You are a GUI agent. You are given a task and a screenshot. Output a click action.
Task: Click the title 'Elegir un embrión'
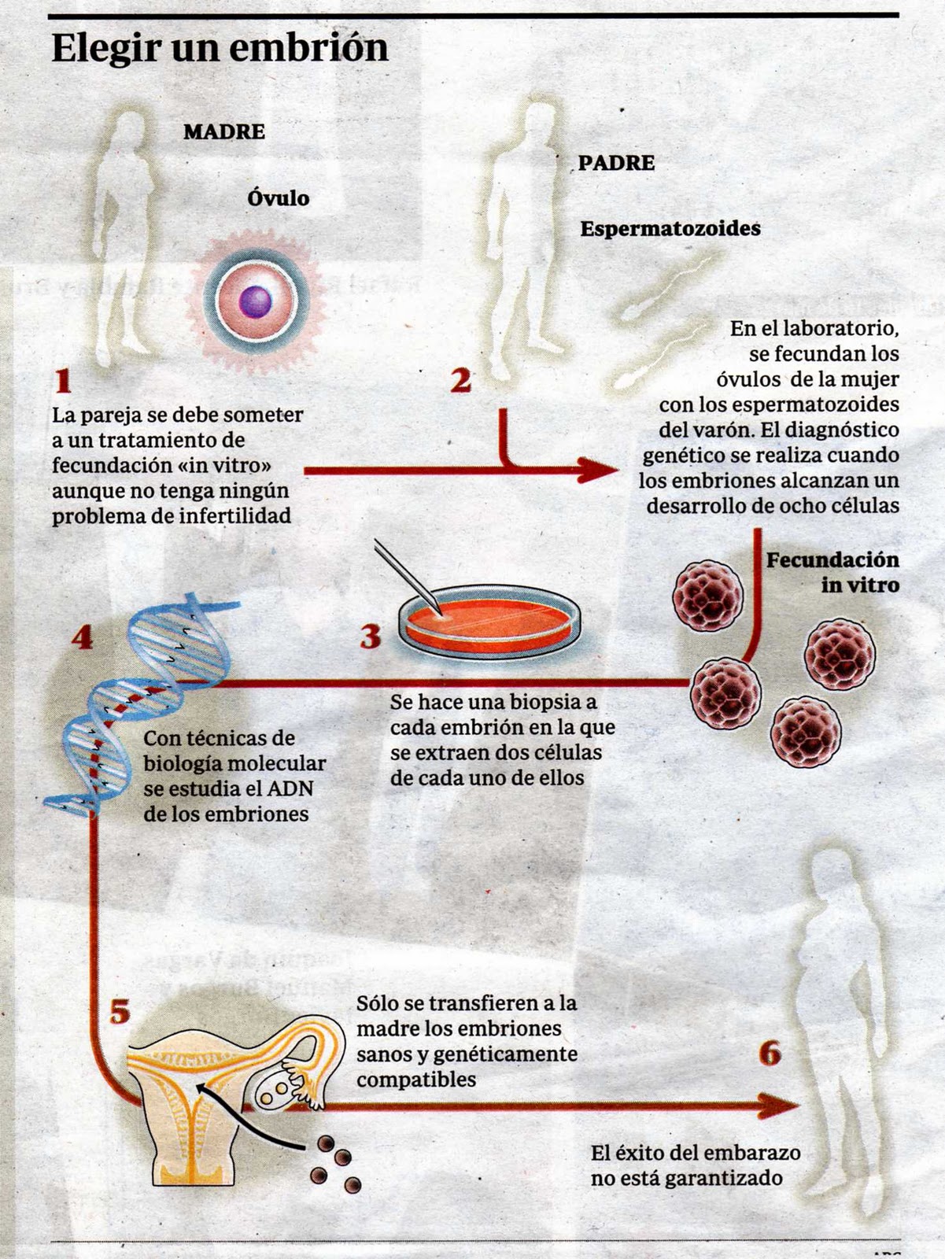pyautogui.click(x=220, y=48)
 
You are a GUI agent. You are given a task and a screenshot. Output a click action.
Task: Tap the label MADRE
pyautogui.click(x=224, y=131)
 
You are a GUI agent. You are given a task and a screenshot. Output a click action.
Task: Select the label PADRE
pyautogui.click(x=616, y=163)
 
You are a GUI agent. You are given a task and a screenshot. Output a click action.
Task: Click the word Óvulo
pyautogui.click(x=278, y=198)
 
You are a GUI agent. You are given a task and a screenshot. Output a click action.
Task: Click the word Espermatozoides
pyautogui.click(x=670, y=228)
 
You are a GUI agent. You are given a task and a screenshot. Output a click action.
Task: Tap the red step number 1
pyautogui.click(x=63, y=382)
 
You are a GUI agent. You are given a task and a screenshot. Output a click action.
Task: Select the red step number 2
pyautogui.click(x=460, y=381)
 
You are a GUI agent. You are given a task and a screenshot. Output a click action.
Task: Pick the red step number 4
pyautogui.click(x=82, y=637)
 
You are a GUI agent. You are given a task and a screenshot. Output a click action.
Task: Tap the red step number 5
pyautogui.click(x=120, y=1011)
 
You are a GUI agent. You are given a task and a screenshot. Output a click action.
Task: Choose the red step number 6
pyautogui.click(x=770, y=1053)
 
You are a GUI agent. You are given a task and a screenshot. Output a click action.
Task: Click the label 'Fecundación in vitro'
pyautogui.click(x=832, y=572)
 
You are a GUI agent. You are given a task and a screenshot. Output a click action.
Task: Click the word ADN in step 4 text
pyautogui.click(x=290, y=788)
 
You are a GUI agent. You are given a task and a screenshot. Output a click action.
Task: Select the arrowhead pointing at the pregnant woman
pyautogui.click(x=779, y=1106)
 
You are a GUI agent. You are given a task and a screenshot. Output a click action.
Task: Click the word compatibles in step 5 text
pyautogui.click(x=416, y=1079)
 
